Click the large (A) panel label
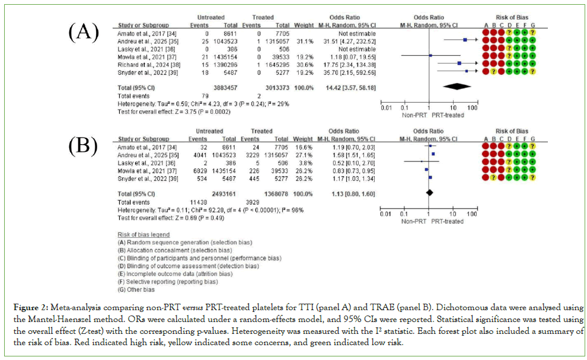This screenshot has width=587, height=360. [84, 32]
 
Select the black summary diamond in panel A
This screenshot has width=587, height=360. [461, 87]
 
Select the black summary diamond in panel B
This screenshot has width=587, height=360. [429, 192]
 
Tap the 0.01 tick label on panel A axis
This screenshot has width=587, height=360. [385, 108]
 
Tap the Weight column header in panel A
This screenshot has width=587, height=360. [301, 26]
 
